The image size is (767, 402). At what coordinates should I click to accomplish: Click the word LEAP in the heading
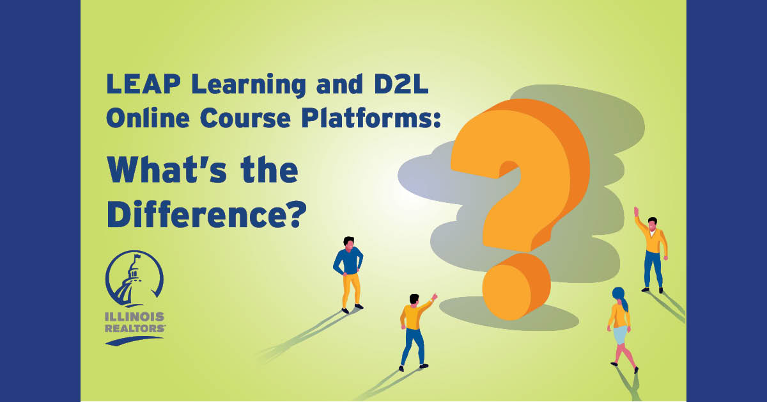[143, 84]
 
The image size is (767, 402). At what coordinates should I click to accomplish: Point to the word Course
[245, 118]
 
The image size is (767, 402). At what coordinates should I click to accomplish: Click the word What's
[167, 170]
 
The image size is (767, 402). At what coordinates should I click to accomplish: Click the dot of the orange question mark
[516, 287]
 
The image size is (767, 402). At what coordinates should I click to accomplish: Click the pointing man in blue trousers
[415, 332]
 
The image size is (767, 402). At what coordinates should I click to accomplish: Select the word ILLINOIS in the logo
[135, 317]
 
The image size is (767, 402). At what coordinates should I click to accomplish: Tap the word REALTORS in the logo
[135, 328]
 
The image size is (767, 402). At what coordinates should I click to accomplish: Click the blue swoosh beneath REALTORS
[134, 341]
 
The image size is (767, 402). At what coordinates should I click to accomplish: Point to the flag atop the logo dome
[137, 256]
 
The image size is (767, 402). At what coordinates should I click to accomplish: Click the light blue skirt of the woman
[621, 335]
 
